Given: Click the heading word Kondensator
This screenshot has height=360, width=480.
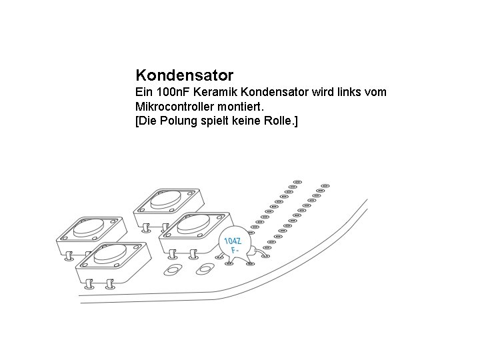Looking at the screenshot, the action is coord(184,74).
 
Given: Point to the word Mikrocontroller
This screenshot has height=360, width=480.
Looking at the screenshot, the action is coord(177,107).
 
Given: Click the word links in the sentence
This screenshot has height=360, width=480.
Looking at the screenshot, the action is coord(349,92).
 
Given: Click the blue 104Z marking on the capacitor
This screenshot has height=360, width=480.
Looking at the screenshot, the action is coord(233,241).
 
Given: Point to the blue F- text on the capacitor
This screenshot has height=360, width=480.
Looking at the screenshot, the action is coord(235,251).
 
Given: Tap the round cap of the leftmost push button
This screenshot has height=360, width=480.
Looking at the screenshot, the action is coord(89,228).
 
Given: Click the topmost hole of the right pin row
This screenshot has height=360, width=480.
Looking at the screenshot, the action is coord(325,185).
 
